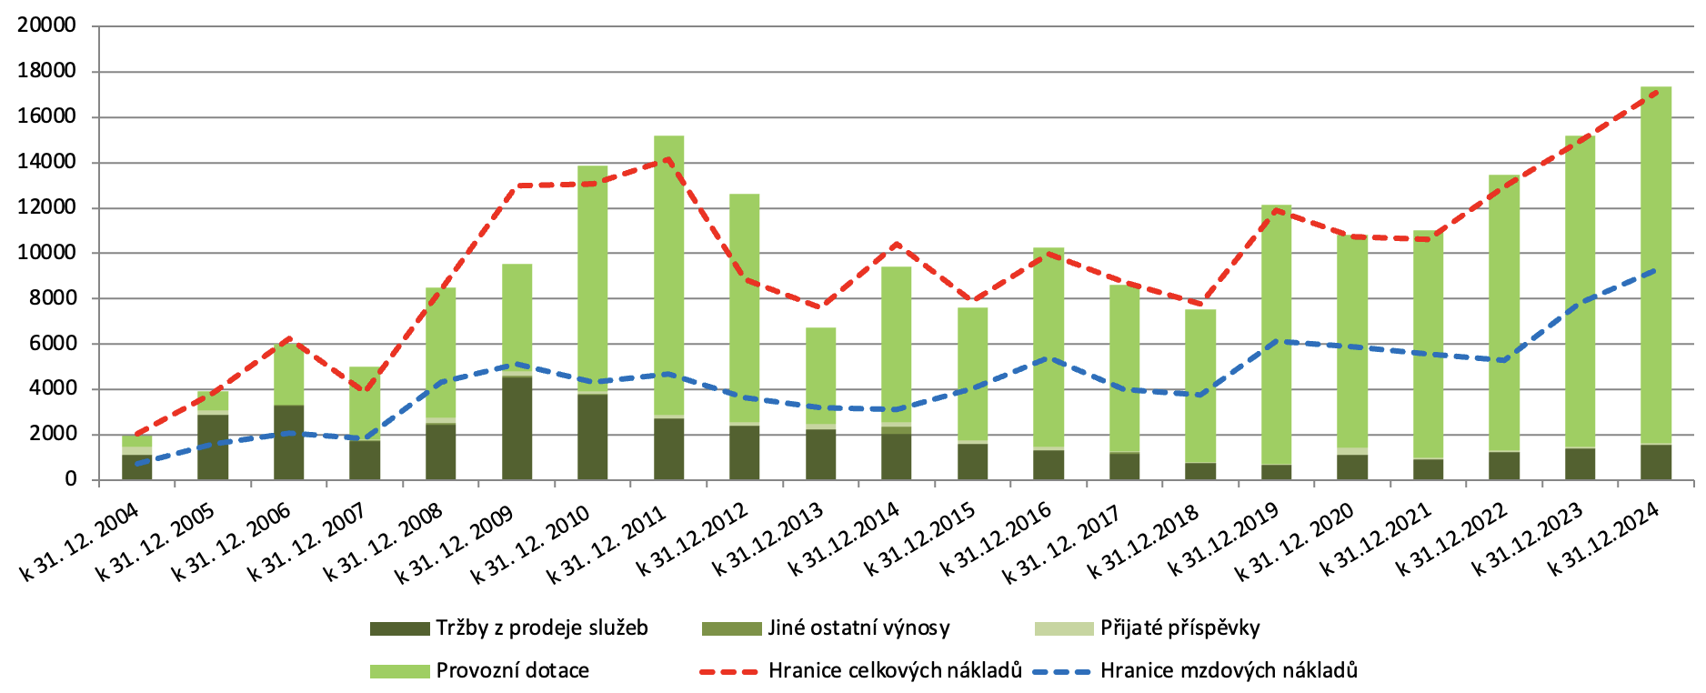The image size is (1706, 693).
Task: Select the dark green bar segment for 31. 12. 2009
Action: (x=517, y=427)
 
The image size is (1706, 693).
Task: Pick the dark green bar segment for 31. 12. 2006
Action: (x=288, y=442)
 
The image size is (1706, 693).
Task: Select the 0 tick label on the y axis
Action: (x=71, y=479)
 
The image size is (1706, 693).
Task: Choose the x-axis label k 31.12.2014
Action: (x=844, y=537)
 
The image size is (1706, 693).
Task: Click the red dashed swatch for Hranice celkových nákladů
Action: (x=728, y=672)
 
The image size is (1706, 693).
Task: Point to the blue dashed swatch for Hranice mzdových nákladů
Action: (x=1060, y=672)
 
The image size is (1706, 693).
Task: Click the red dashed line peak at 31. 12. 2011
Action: (x=668, y=159)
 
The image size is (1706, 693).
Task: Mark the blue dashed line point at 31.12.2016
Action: (x=1049, y=358)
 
